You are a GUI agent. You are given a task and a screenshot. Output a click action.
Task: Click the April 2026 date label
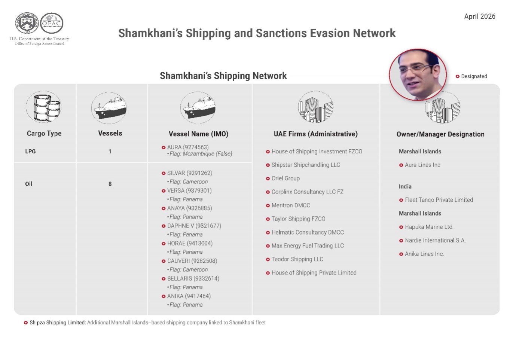coord(479,16)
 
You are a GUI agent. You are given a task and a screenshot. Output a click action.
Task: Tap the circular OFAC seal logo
coord(52,23)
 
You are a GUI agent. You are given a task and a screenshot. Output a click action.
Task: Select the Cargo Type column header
coord(44,133)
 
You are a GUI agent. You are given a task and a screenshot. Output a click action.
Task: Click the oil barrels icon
coord(44,107)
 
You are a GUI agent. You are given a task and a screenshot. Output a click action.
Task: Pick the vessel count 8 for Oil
coord(110,184)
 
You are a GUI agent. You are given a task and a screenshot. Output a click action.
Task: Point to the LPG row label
coord(30,151)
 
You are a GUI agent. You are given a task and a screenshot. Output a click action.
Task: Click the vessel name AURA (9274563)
coord(187,147)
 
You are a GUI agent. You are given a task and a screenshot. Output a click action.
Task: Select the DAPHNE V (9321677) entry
coord(194,226)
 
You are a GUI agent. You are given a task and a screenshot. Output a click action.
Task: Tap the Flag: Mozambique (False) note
coord(201,154)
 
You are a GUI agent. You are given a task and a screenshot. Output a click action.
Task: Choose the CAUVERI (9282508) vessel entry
coord(192,261)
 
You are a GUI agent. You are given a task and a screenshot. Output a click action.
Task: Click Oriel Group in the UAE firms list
coord(285,178)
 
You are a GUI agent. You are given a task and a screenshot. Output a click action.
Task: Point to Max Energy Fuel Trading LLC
coord(307,245)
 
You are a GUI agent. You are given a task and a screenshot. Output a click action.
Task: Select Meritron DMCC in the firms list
coord(290,205)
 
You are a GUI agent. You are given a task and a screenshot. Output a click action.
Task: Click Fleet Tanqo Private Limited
coord(439,200)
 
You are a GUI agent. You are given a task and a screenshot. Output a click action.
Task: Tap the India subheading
coord(405,186)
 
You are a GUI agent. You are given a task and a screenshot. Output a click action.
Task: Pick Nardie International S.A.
coord(435,240)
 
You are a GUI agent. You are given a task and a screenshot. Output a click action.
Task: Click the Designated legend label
coord(474,76)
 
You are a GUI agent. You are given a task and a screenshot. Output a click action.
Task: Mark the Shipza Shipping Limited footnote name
coord(57,323)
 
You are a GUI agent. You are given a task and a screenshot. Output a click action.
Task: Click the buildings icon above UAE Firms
coord(315,107)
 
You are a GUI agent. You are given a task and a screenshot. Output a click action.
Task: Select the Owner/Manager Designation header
coord(440,134)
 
